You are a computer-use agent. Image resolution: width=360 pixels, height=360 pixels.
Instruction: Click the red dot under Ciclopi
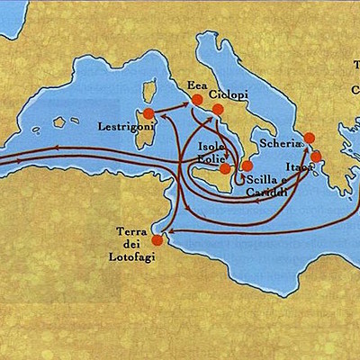click(x=217, y=110)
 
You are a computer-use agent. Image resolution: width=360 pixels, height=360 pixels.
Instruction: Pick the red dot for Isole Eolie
click(x=226, y=168)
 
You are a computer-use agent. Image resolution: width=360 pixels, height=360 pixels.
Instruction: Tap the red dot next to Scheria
click(x=309, y=138)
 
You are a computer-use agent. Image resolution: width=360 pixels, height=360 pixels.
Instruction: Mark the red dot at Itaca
click(x=316, y=157)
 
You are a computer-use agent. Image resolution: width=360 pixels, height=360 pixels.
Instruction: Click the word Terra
click(x=132, y=232)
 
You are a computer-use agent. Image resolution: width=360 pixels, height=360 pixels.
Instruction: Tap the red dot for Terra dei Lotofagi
click(x=157, y=240)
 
